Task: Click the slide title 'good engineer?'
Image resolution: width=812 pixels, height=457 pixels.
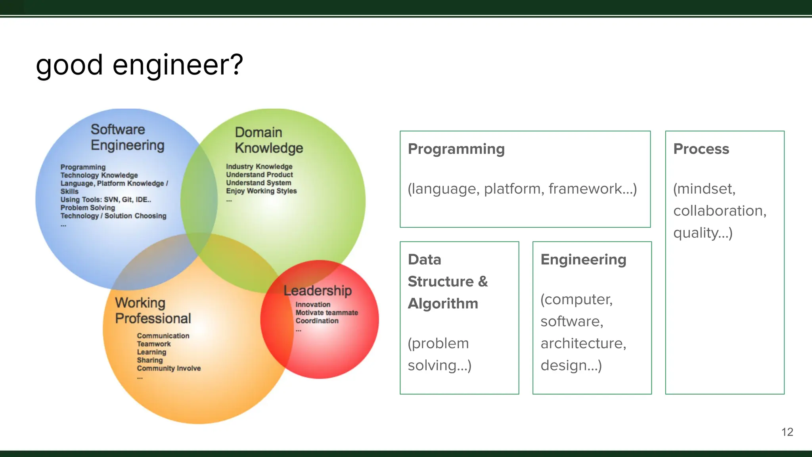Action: [139, 65]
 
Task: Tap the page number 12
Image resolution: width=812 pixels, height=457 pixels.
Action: [787, 432]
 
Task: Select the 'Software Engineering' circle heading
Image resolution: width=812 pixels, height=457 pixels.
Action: [127, 137]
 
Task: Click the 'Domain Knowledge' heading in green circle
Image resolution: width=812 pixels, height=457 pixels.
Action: [268, 140]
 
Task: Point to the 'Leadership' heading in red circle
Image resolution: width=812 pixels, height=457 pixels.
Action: [318, 290]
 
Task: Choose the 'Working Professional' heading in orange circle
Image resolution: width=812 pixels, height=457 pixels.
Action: [153, 311]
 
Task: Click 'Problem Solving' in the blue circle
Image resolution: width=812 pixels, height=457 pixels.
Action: [88, 207]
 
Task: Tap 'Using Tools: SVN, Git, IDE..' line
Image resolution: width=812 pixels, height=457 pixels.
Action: [105, 200]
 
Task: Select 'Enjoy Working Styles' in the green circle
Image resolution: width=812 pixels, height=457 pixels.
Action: [261, 191]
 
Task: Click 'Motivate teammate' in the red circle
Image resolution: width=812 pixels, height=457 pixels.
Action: [327, 313]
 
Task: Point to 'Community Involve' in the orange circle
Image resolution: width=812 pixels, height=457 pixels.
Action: [169, 368]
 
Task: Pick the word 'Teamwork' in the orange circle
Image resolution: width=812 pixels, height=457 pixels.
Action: [154, 344]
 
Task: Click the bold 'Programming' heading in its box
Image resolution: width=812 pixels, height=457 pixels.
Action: [456, 149]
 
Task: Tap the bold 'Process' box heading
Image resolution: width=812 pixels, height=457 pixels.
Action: [701, 149]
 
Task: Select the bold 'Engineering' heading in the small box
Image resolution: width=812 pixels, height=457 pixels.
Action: [583, 259]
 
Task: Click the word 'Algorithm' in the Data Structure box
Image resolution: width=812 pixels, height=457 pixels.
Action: [443, 303]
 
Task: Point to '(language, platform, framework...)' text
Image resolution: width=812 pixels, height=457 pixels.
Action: [522, 189]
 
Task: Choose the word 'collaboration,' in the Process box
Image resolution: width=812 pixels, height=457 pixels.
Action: [720, 211]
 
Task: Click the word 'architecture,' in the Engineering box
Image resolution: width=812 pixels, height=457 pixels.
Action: [583, 343]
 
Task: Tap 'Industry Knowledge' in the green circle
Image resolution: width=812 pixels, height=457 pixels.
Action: [259, 167]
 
